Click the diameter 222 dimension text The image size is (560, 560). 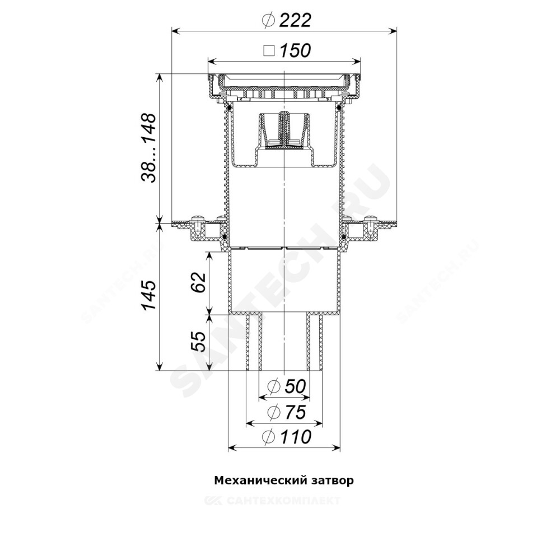coord(287,20)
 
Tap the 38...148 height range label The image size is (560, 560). coord(148,148)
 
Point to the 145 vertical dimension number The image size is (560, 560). coord(148,295)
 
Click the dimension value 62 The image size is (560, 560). coord(198,282)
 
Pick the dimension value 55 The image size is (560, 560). coord(198,342)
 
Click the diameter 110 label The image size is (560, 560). coord(287,437)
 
